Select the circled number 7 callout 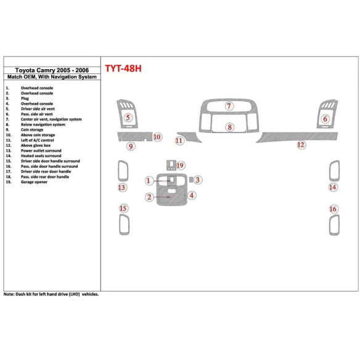pyautogui.click(x=229, y=106)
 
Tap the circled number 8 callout pyautogui.click(x=229, y=128)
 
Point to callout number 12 pyautogui.click(x=300, y=145)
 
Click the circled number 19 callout pyautogui.click(x=180, y=166)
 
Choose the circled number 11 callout pyautogui.click(x=179, y=141)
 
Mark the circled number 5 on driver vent pyautogui.click(x=128, y=117)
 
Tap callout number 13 pyautogui.click(x=122, y=187)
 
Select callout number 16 pyautogui.click(x=333, y=210)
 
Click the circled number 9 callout pyautogui.click(x=131, y=146)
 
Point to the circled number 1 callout pyautogui.click(x=149, y=181)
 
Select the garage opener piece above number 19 pyautogui.click(x=170, y=164)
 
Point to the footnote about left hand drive pyautogui.click(x=51, y=294)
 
